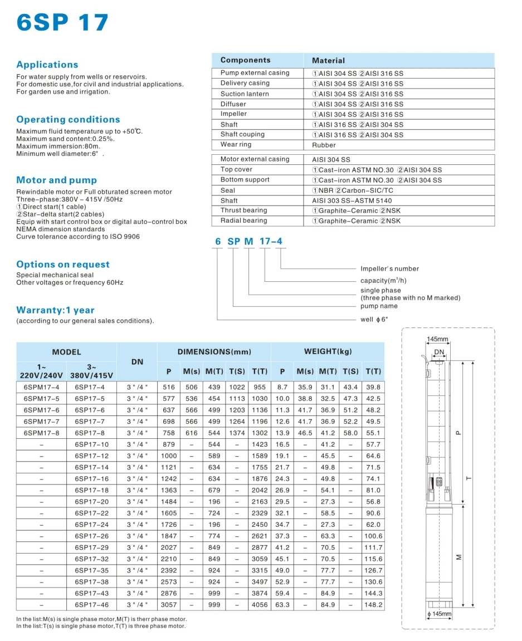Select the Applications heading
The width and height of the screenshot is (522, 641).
click(47, 65)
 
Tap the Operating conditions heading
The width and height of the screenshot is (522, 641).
click(68, 119)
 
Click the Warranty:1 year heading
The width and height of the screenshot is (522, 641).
click(55, 310)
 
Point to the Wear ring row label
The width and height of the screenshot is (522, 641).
click(236, 145)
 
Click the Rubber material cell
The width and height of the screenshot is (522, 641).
click(324, 145)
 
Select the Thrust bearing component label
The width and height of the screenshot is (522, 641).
click(243, 211)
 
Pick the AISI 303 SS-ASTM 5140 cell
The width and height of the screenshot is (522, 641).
click(352, 200)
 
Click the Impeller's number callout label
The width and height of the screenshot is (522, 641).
click(389, 268)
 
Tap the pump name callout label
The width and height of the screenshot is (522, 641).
click(379, 306)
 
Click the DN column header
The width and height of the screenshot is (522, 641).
click(137, 362)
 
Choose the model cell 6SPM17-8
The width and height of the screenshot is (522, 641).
click(41, 433)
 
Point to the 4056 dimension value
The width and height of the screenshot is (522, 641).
click(260, 604)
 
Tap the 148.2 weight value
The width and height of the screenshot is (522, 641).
click(373, 604)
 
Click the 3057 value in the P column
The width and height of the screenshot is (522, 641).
click(168, 604)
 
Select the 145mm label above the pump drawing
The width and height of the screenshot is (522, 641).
click(437, 339)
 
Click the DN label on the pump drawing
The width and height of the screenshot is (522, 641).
click(439, 352)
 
